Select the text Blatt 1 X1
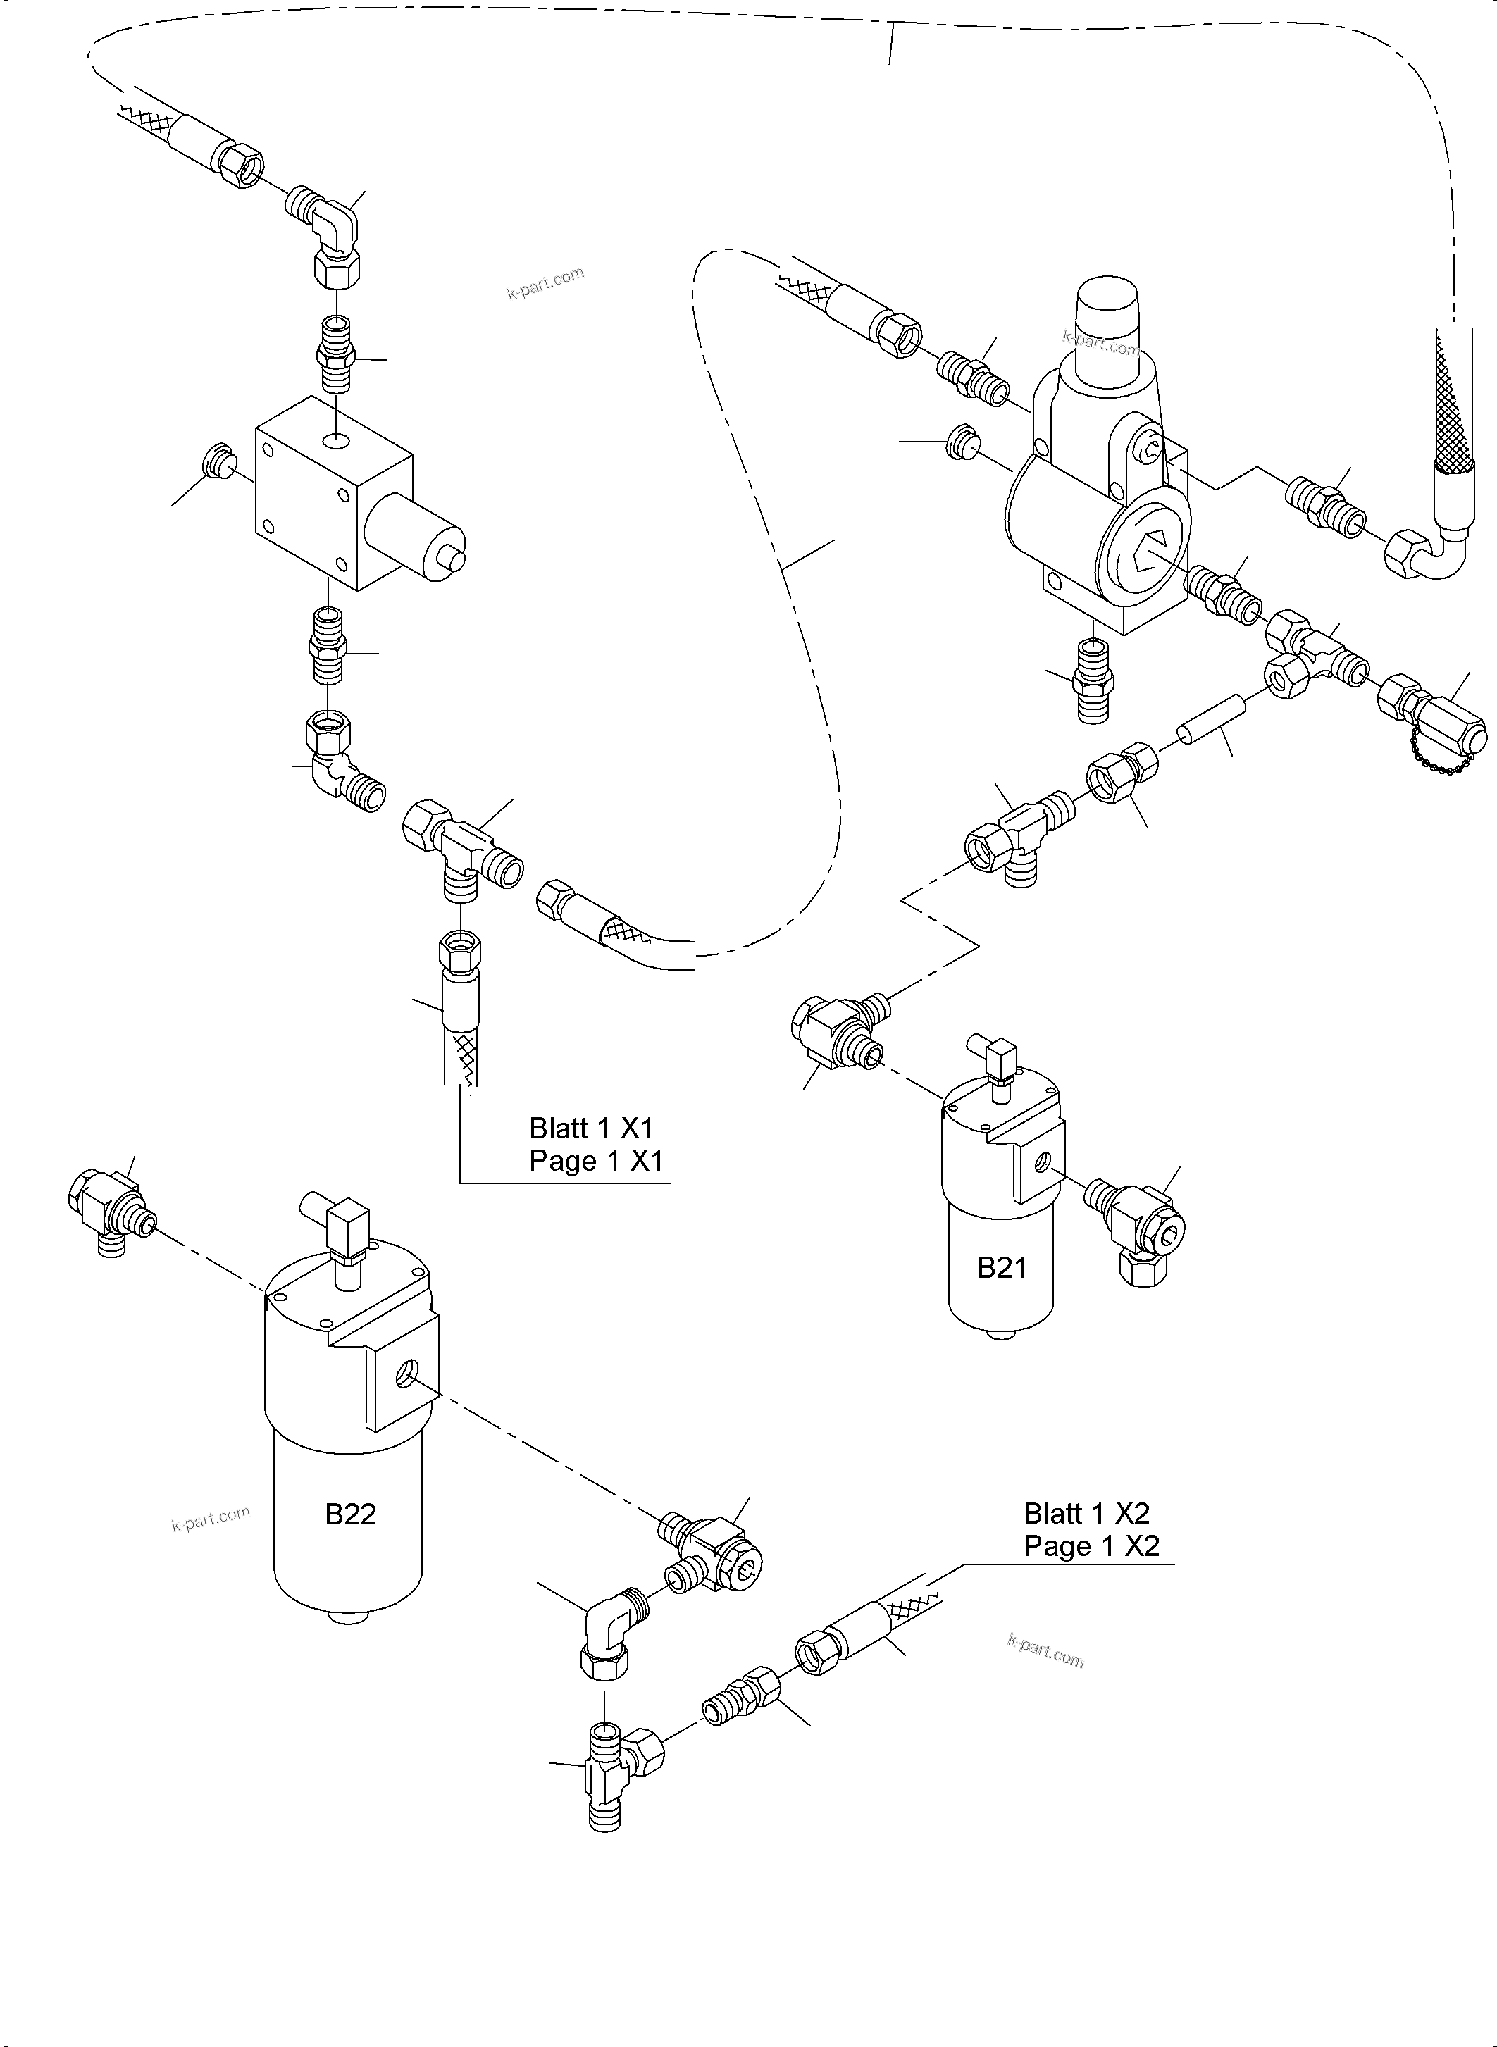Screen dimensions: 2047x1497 tap(591, 1128)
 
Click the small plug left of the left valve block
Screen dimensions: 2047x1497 tap(218, 461)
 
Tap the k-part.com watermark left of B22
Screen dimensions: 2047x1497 tap(210, 1519)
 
